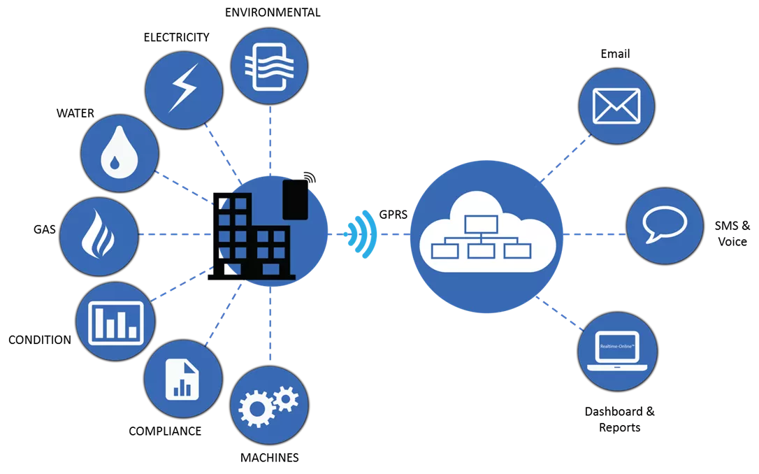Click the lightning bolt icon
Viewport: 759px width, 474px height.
point(184,89)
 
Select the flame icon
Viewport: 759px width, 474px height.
point(98,234)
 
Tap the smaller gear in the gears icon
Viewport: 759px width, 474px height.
point(285,399)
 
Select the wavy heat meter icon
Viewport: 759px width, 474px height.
point(269,67)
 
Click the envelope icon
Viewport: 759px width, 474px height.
point(616,106)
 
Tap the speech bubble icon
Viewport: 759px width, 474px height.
point(665,225)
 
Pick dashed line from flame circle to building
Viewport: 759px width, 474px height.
point(175,234)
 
